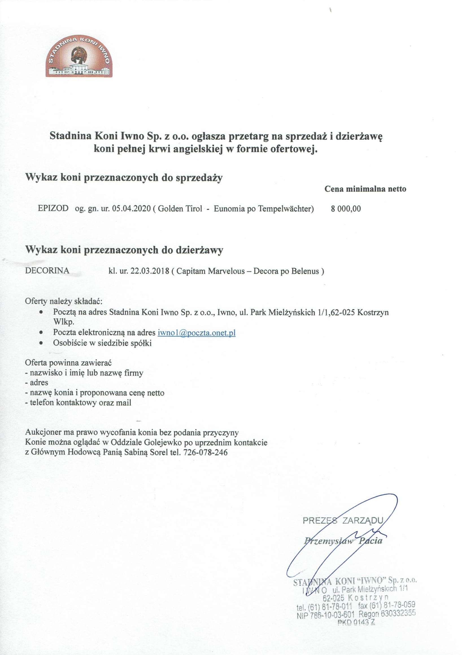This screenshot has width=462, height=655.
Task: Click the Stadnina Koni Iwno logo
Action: tap(79, 56)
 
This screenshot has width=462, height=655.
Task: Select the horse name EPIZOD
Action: tap(53, 208)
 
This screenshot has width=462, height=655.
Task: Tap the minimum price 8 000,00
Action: tap(346, 209)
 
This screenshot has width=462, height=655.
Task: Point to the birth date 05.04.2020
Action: tap(131, 209)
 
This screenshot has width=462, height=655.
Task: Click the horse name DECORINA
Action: tap(47, 271)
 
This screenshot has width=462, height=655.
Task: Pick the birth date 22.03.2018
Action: tap(150, 271)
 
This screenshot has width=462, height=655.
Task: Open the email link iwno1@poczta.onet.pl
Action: tap(197, 333)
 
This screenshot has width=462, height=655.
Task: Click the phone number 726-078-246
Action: tap(205, 452)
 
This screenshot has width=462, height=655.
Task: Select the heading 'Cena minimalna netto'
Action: tap(365, 189)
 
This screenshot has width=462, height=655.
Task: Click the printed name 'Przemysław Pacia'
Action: tap(343, 540)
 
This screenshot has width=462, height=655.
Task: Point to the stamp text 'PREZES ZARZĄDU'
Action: tap(343, 520)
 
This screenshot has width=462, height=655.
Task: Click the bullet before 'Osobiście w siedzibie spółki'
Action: tap(42, 343)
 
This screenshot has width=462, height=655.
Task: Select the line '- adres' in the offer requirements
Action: tap(36, 383)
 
